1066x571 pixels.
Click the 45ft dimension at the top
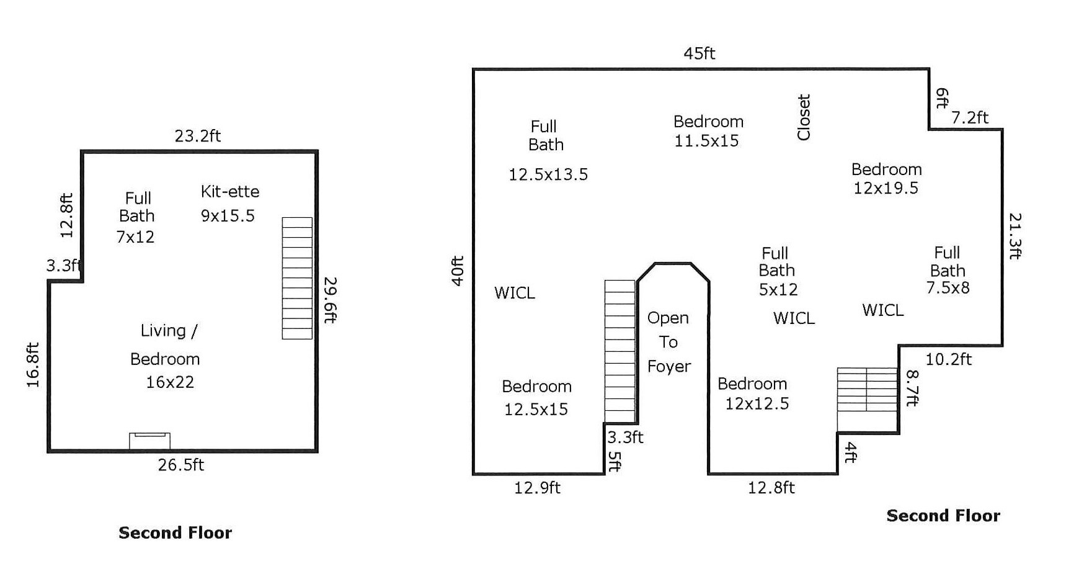click(x=699, y=53)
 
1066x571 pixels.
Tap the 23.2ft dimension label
click(x=197, y=136)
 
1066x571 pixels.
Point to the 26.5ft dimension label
click(x=180, y=465)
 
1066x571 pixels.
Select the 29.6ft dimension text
click(x=331, y=300)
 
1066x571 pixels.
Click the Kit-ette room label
click(x=229, y=191)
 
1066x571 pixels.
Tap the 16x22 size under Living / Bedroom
click(x=170, y=382)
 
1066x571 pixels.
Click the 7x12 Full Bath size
click(x=135, y=237)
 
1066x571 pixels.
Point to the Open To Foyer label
click(x=668, y=342)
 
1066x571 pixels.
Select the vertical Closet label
click(x=804, y=117)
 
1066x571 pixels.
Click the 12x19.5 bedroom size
click(x=886, y=188)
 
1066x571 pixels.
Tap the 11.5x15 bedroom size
click(x=706, y=141)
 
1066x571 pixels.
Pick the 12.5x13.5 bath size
click(x=548, y=174)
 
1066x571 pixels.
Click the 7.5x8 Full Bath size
click(x=948, y=288)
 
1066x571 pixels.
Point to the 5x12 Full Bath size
click(x=778, y=289)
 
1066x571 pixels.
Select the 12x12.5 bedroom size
click(x=757, y=404)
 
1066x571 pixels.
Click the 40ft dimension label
click(x=458, y=271)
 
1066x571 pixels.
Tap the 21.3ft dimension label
click(x=1015, y=236)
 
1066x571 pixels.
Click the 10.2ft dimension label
click(x=948, y=359)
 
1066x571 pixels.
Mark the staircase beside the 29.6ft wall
click(x=297, y=278)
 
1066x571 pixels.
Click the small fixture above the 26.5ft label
click(x=149, y=441)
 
